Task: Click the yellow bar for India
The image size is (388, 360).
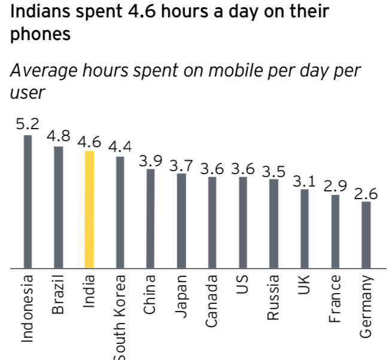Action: click(89, 209)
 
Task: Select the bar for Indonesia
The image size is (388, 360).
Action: click(28, 202)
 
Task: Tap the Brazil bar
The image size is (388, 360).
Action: click(58, 207)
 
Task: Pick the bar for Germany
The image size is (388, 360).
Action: click(366, 234)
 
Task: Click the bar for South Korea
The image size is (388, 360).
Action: click(120, 212)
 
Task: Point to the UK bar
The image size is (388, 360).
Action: click(304, 228)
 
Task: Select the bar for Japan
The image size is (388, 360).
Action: click(181, 221)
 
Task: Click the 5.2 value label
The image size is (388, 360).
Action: click(27, 124)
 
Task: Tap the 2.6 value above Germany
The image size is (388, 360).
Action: click(366, 194)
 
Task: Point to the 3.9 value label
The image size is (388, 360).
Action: click(151, 161)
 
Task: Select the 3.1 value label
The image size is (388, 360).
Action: click(304, 180)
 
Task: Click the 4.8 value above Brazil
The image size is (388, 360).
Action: click(58, 136)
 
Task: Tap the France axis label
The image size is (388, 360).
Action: click(336, 298)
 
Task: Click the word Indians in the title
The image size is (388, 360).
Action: click(38, 11)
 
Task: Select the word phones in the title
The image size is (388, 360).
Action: click(40, 35)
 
